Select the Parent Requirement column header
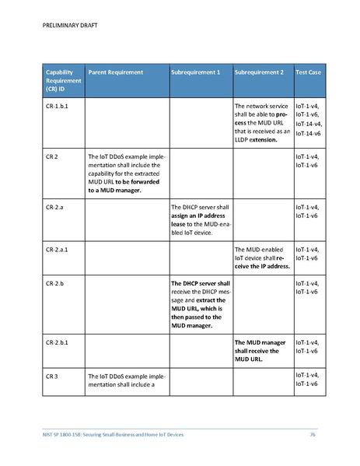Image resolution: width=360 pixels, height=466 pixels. pos(116,72)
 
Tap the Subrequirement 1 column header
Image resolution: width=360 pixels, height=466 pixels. pos(195,72)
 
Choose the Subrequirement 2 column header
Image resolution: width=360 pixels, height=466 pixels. pos(259,72)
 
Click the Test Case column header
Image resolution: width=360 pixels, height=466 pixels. pos(309,72)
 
